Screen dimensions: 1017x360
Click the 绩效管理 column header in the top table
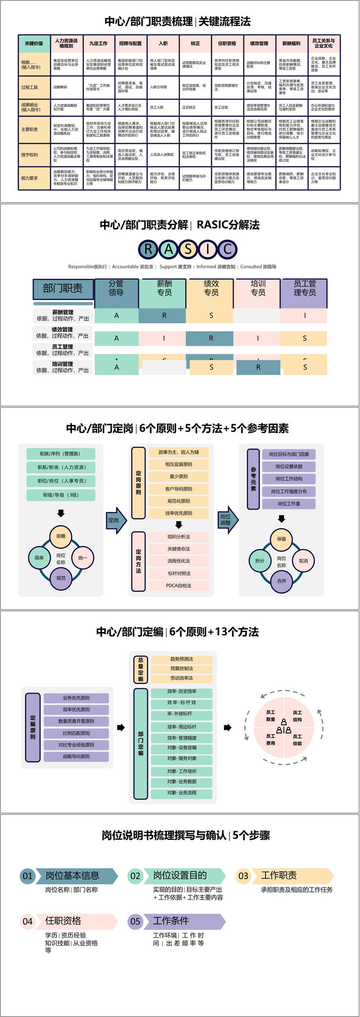pos(259,44)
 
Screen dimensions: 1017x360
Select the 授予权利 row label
pos(30,155)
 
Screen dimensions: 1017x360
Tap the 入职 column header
pos(163,44)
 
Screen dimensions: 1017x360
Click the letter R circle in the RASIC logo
pos(148,249)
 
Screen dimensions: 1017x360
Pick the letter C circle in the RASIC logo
pos(228,249)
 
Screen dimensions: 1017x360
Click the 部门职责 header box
pos(63,289)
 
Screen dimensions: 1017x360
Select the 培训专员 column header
pos(258,289)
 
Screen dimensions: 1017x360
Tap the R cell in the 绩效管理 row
pos(211,338)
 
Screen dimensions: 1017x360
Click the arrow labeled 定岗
pos(116,520)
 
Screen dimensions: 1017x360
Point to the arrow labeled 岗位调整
pos(227,520)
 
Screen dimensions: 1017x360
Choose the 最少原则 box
pos(179,476)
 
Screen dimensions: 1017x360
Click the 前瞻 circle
pos(61,536)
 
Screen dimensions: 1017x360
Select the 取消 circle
pos(303,561)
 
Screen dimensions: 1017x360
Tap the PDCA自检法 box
pos(179,586)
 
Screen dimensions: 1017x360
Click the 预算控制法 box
pos(181,669)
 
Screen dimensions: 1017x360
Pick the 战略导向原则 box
pos(76,756)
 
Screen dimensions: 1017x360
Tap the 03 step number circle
pos(243,876)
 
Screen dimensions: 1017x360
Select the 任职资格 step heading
pos(63,921)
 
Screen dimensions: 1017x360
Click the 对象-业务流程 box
pos(181,792)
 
